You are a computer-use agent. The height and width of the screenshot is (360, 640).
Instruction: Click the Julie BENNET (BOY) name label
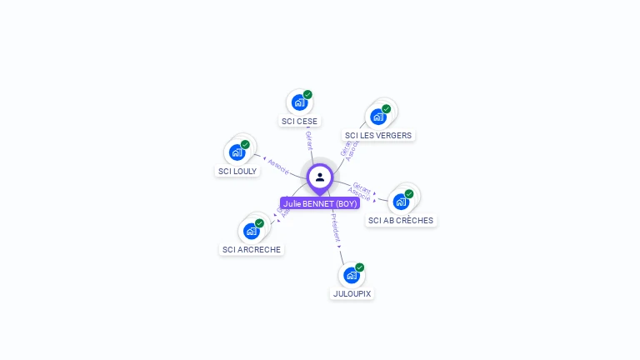[x=320, y=203]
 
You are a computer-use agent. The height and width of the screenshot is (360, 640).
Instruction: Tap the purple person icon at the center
[x=320, y=177]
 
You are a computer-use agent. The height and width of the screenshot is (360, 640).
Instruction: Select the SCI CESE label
[x=299, y=121]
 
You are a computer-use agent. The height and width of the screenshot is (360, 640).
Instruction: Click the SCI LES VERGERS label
[x=378, y=135]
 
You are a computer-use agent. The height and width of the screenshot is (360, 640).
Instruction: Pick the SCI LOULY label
[x=237, y=171]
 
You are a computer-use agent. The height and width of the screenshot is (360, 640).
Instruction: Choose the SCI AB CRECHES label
[x=401, y=221]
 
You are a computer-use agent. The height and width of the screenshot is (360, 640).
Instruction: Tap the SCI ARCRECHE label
[x=252, y=249]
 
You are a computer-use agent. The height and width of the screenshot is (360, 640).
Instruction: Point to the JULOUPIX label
[x=352, y=293]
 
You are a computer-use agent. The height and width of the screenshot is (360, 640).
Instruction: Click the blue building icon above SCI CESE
[x=299, y=102]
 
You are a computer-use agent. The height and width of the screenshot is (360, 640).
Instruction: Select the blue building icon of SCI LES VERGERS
[x=378, y=117]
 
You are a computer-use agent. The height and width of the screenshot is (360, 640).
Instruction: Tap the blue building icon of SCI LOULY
[x=237, y=152]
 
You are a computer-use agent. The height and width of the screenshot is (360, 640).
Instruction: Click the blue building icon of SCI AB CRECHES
[x=401, y=202]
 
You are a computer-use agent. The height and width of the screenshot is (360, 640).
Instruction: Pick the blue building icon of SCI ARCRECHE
[x=252, y=231]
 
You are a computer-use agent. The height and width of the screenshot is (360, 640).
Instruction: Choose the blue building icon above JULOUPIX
[x=352, y=275]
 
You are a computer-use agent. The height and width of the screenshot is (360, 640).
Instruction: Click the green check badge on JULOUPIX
[x=360, y=267]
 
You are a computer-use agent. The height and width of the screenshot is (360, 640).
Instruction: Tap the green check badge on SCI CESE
[x=307, y=95]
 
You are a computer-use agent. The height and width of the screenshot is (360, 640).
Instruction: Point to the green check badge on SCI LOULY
[x=245, y=145]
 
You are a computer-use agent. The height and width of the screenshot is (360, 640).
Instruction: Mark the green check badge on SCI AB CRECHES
[x=409, y=194]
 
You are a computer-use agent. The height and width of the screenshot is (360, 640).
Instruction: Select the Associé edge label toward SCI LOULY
[x=277, y=166]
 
